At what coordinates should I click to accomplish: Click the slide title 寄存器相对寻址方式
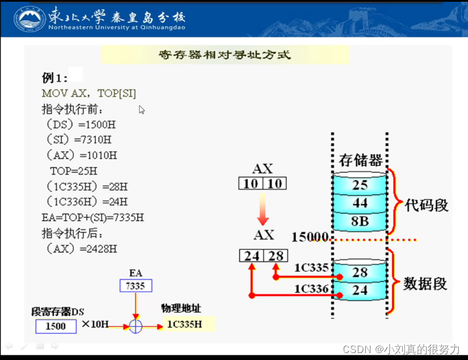[224, 55]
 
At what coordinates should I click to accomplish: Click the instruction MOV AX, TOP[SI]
[89, 93]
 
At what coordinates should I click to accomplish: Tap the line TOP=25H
[74, 171]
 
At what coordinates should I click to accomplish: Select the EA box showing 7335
[136, 286]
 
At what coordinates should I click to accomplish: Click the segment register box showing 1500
[55, 326]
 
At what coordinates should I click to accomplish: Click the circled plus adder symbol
[136, 326]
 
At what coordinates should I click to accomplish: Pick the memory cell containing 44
[360, 204]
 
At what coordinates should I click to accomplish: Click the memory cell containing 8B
[360, 222]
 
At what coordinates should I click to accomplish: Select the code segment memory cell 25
[360, 185]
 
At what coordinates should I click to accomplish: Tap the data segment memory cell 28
[360, 272]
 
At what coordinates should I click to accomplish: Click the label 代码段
[428, 205]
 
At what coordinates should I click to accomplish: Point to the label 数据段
[426, 283]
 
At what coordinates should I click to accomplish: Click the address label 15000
[310, 237]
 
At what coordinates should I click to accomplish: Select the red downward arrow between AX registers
[263, 209]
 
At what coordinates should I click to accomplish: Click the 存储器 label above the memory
[360, 160]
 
